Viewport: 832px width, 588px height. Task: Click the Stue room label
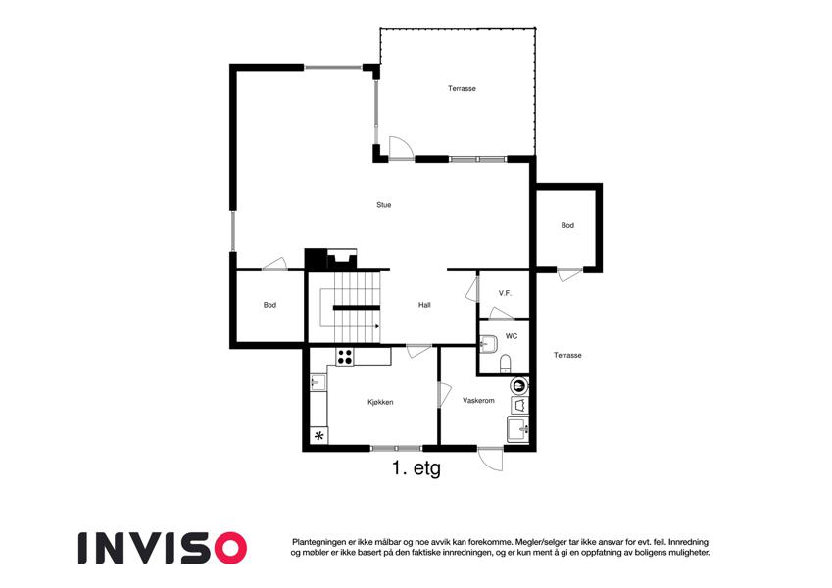pos(383,205)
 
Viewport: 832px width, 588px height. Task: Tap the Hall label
pos(424,305)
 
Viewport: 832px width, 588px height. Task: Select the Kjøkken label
pos(380,402)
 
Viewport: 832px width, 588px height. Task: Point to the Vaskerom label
pos(478,401)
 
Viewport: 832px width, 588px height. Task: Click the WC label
pos(511,336)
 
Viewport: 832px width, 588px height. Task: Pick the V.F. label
pos(505,293)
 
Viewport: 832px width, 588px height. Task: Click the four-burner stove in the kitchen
pos(344,356)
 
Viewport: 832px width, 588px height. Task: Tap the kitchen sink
pos(318,382)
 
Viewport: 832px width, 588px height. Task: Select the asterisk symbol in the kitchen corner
pos(318,436)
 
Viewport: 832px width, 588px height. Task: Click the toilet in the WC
pos(505,364)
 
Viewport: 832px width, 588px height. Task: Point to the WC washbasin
pos(488,344)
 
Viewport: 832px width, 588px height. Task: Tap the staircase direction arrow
pos(378,326)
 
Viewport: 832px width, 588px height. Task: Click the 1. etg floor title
pos(416,468)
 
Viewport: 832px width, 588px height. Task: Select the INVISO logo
pos(163,548)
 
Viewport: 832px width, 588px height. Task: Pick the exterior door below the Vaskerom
pos(490,459)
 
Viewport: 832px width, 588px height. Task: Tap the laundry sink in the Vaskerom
pos(517,429)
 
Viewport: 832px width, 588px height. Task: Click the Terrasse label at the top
pos(462,88)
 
